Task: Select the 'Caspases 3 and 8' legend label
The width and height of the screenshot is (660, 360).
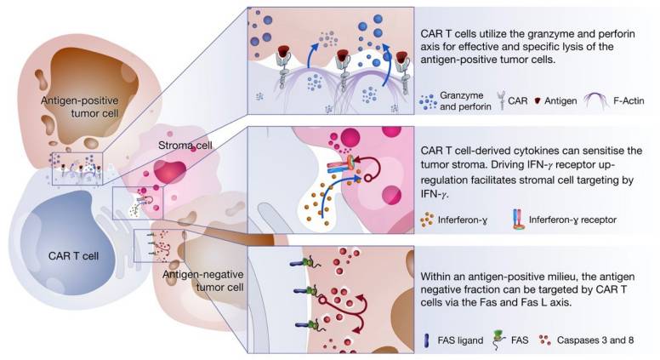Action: pyautogui.click(x=588, y=339)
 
